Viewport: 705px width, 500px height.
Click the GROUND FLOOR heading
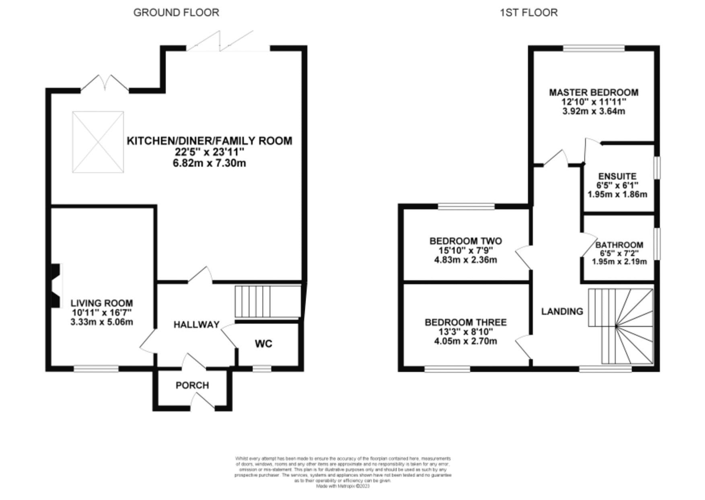176,12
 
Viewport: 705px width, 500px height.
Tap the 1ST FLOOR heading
528,12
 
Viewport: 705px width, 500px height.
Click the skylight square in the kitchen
98,142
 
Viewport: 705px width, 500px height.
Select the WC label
263,343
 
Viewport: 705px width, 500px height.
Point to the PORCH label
192,385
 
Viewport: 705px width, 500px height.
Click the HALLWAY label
196,324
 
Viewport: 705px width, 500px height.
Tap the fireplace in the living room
55,286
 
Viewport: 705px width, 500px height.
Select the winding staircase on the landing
621,325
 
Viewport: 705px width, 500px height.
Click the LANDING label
562,311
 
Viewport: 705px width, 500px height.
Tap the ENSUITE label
617,176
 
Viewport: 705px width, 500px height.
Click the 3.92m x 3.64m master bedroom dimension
594,112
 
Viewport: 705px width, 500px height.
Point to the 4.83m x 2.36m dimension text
465,260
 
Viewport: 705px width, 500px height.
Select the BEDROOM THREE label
466,322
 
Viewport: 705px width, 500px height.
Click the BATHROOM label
619,245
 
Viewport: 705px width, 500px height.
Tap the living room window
96,368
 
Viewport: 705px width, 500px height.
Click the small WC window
262,368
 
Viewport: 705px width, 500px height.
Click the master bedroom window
594,48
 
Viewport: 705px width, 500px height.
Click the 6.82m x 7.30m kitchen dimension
210,163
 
